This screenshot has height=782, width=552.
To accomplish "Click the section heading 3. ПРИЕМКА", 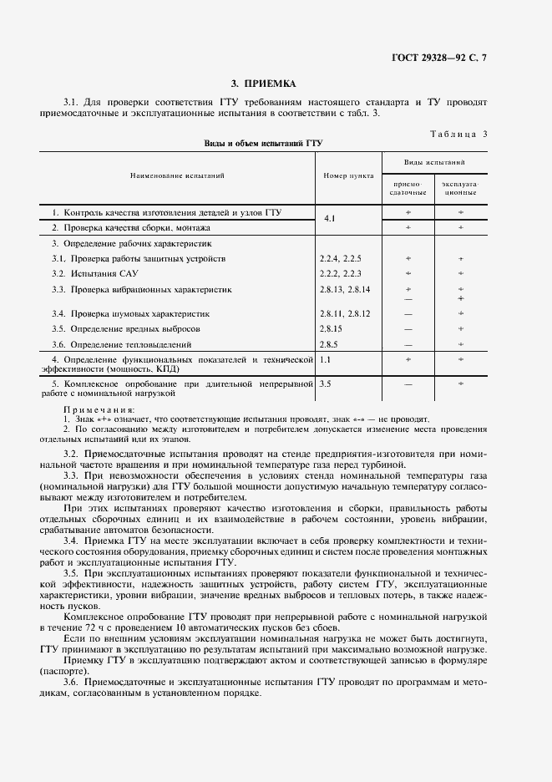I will pos(263,84).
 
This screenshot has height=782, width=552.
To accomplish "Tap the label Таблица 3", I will pos(458,134).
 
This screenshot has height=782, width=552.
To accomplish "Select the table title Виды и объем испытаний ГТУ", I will pos(263,144).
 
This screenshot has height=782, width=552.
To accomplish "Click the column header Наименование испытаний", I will pos(177,176).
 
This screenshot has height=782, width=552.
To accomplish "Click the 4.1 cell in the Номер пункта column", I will pos(328,220).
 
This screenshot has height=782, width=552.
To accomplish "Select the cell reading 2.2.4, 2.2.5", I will pos(339,259).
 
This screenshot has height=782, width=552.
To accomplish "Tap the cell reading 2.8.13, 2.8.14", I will pos(344,289).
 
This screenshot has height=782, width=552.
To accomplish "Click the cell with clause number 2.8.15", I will pos(331,329).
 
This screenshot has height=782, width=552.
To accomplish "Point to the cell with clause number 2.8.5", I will pos(327,344).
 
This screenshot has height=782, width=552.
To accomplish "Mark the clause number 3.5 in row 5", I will pos(325,383).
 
